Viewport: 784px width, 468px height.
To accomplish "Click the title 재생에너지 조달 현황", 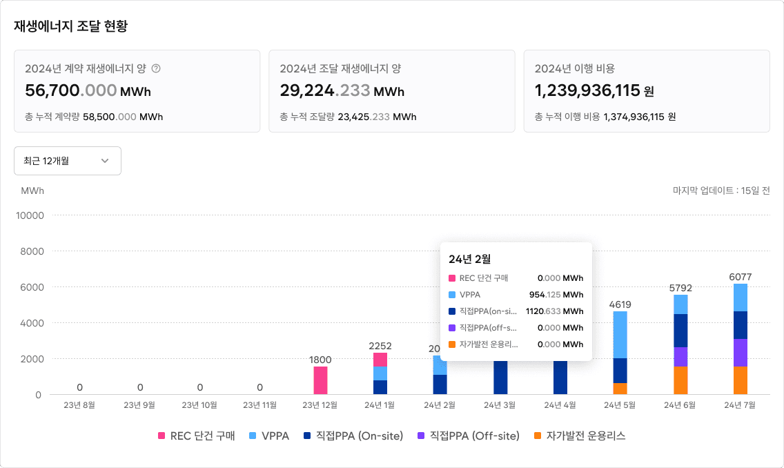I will point(70,26).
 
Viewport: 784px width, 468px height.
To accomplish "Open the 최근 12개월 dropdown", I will point(68,161).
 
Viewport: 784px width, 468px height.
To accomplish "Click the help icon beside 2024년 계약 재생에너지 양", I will point(156,68).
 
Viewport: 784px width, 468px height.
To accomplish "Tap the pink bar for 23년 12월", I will point(320,380).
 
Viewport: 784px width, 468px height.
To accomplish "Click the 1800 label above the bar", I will point(320,360).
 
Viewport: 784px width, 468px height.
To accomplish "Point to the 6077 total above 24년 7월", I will point(740,277).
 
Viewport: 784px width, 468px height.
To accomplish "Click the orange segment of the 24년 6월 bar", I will point(680,380).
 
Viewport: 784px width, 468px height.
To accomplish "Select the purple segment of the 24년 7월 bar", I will point(740,353).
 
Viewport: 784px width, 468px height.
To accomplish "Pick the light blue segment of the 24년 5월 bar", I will point(620,335).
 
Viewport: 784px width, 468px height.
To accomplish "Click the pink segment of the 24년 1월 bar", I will point(380,360).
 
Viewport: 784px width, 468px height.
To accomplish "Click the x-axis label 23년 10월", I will point(200,405).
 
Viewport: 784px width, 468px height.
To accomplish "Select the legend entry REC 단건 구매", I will point(197,436).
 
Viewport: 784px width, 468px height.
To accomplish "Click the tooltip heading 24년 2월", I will point(469,259).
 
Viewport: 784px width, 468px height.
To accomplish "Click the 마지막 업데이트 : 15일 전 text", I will point(721,191).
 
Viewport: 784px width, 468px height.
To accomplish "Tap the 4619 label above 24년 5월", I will point(620,304).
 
